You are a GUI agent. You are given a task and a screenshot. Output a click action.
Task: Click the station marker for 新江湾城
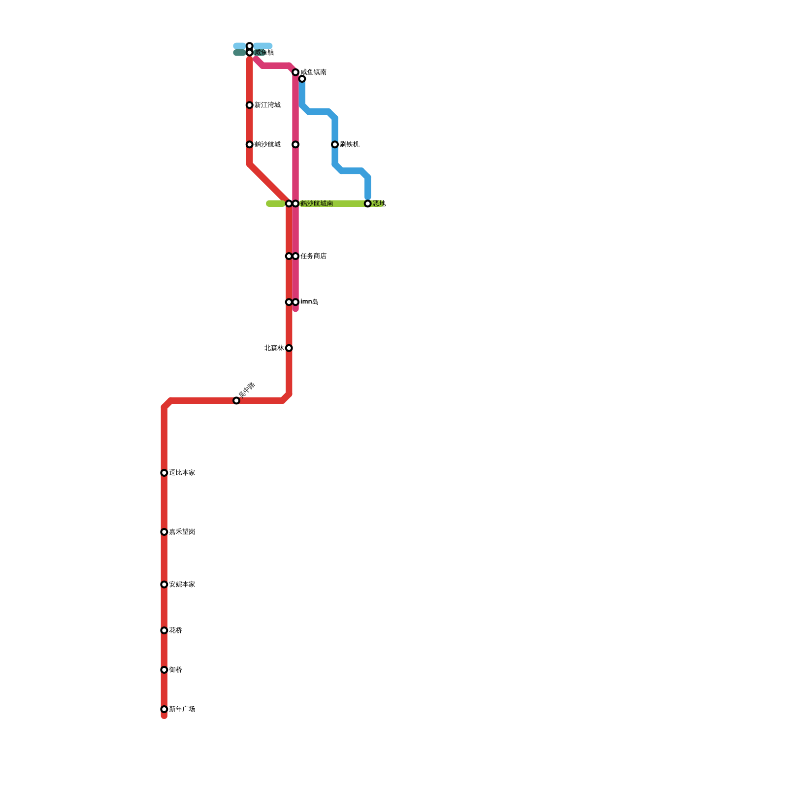click(x=250, y=105)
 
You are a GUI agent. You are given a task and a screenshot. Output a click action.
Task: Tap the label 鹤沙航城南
click(x=317, y=204)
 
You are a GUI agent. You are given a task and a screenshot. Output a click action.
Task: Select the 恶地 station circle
click(x=368, y=204)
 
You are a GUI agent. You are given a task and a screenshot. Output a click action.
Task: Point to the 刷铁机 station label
click(x=349, y=145)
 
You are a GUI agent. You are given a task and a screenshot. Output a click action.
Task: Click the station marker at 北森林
click(x=289, y=348)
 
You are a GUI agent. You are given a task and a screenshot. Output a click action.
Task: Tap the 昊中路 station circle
click(x=236, y=401)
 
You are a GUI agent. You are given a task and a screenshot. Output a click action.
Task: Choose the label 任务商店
click(x=313, y=256)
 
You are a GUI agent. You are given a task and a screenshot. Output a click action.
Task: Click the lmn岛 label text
click(x=309, y=302)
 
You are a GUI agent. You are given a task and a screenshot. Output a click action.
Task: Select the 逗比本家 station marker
click(x=164, y=473)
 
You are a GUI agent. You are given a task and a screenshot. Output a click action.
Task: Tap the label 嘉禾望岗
click(x=182, y=532)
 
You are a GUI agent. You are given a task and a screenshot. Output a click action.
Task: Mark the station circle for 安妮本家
click(x=164, y=585)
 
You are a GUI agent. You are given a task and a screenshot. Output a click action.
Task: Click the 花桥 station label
click(x=175, y=630)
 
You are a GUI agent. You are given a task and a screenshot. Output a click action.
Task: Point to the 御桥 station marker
click(x=164, y=670)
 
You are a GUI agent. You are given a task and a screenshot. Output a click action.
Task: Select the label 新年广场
click(x=182, y=709)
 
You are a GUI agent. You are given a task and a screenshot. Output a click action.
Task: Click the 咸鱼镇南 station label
click(x=313, y=72)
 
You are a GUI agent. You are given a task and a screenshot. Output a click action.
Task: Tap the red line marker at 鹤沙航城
click(x=250, y=145)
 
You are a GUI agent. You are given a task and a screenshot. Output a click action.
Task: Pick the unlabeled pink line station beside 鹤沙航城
click(x=295, y=145)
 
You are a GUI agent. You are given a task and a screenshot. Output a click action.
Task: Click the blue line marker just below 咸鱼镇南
click(x=302, y=79)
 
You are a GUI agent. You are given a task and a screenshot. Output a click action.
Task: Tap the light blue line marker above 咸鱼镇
click(x=250, y=46)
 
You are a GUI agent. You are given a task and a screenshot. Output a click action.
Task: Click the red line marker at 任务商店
click(x=289, y=256)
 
